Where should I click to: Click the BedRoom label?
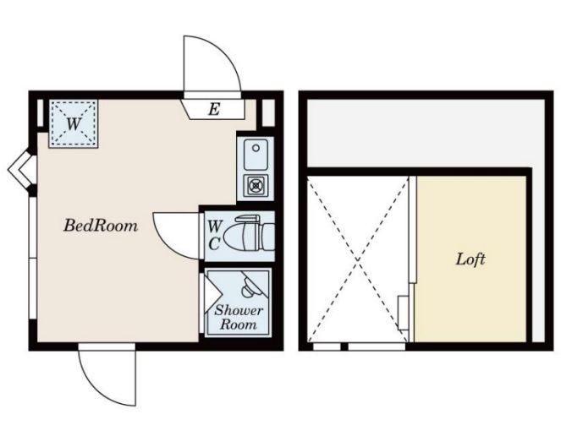click(x=101, y=226)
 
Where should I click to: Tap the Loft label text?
click(x=470, y=259)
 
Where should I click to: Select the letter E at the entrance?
click(x=213, y=109)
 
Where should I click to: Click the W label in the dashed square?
click(x=74, y=124)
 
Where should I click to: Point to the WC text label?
click(x=215, y=236)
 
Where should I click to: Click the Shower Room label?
click(x=239, y=317)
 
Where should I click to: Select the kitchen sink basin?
click(x=256, y=155)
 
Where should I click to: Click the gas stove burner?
click(x=256, y=185)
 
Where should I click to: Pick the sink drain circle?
click(x=256, y=148)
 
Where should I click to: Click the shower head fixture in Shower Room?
click(x=250, y=286)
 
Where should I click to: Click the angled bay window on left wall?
click(x=21, y=169)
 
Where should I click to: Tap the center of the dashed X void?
click(x=358, y=259)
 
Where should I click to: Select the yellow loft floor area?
click(x=471, y=259)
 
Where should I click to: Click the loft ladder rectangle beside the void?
click(x=404, y=313)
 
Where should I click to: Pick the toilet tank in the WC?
click(x=269, y=237)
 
